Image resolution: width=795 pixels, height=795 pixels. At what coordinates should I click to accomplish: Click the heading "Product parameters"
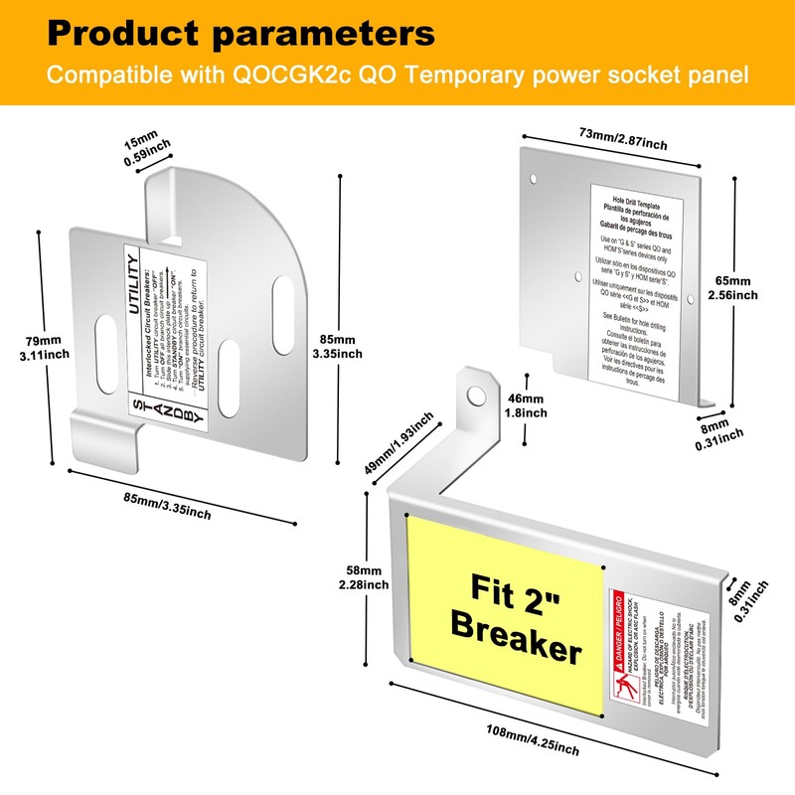coord(240,33)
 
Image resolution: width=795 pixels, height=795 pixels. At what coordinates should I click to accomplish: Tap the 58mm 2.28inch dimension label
coord(364,577)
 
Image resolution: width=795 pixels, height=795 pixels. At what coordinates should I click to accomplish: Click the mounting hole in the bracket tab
coord(475,396)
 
